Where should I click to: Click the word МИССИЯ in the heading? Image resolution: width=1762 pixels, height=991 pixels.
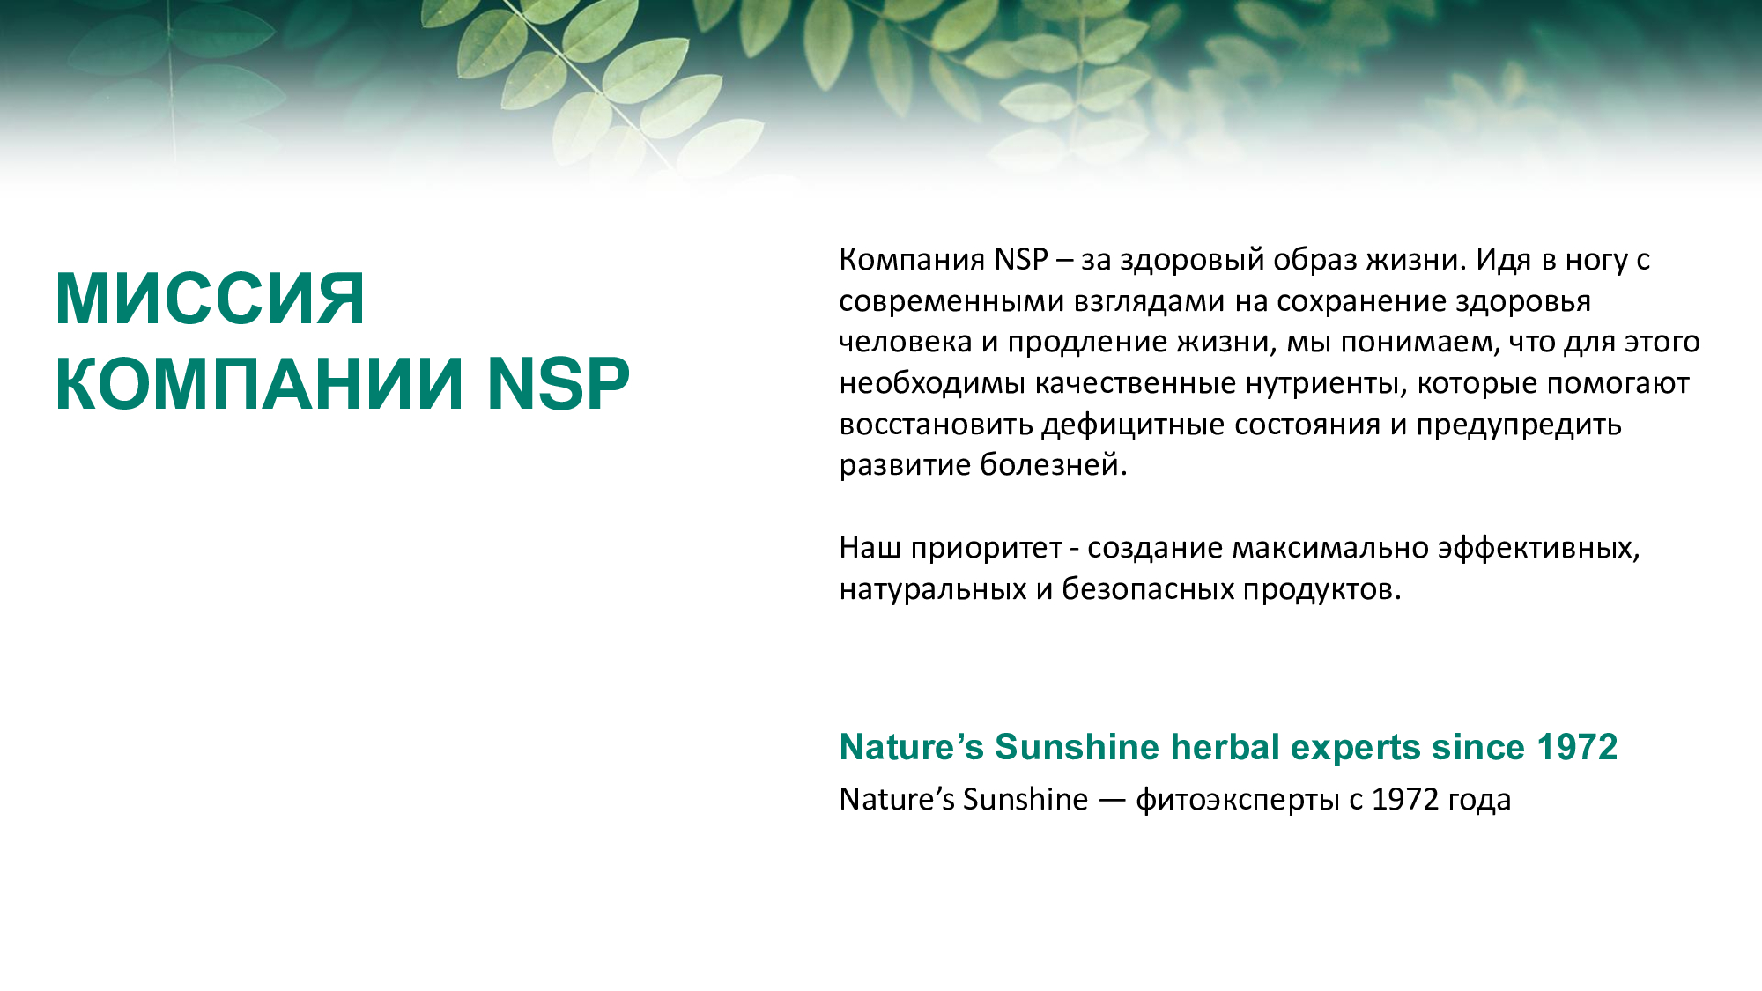pyautogui.click(x=210, y=300)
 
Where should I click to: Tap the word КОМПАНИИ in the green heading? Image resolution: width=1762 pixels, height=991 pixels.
pyautogui.click(x=259, y=384)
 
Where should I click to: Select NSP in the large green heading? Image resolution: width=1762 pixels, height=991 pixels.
pyautogui.click(x=559, y=384)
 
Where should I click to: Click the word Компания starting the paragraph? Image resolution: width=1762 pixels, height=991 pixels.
pyautogui.click(x=912, y=261)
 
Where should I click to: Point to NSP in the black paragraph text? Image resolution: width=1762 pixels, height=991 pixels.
pyautogui.click(x=1021, y=260)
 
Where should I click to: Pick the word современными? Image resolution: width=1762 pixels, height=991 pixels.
pyautogui.click(x=951, y=302)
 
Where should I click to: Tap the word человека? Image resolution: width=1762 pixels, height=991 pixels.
pyautogui.click(x=905, y=342)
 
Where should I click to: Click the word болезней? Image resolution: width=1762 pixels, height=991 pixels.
pyautogui.click(x=1054, y=464)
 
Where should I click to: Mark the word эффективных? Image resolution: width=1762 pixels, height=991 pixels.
pyautogui.click(x=1538, y=549)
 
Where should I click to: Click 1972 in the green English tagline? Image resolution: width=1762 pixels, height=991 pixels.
pyautogui.click(x=1577, y=747)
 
